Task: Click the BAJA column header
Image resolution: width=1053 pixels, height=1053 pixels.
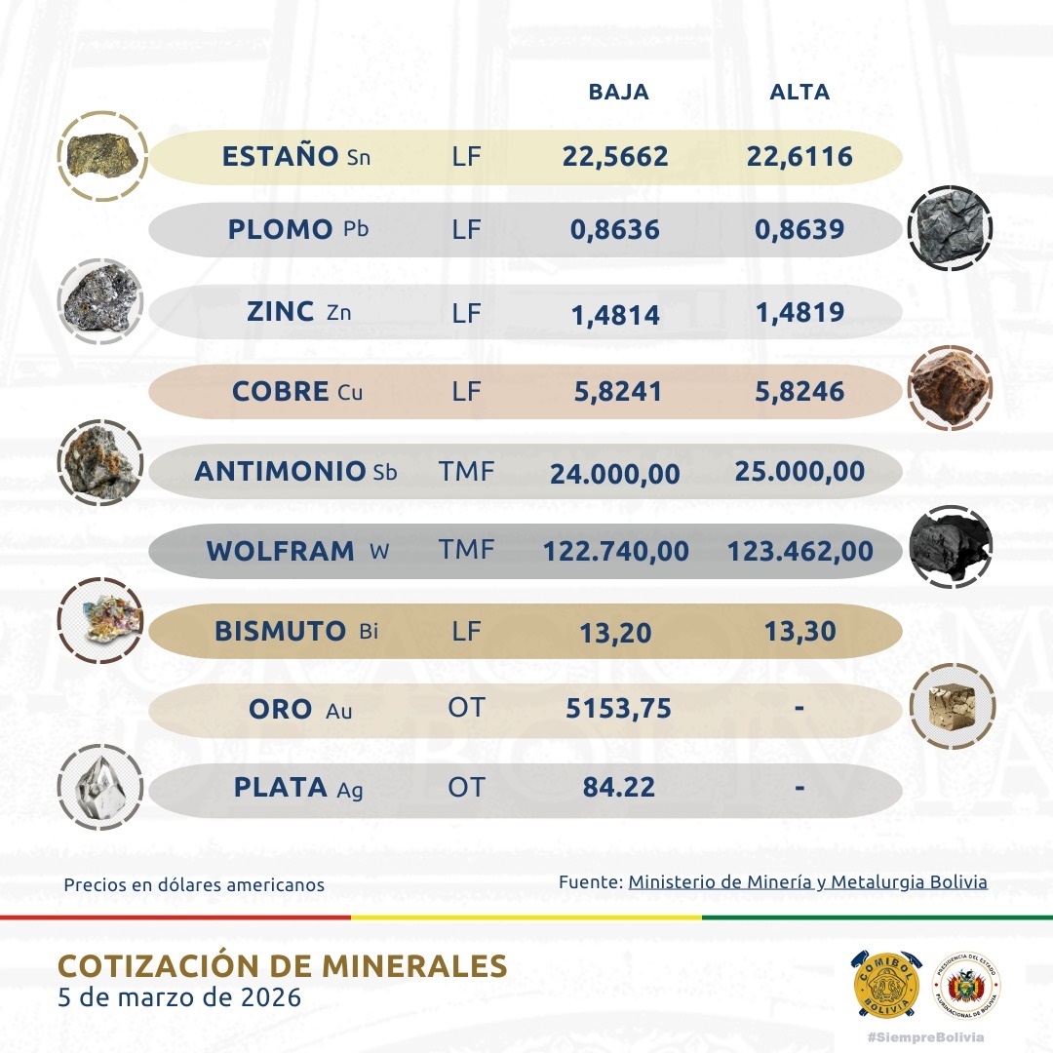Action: coord(618,93)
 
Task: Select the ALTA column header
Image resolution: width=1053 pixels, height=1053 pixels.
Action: coord(799,93)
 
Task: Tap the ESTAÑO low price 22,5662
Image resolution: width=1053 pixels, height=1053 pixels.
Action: coord(615,156)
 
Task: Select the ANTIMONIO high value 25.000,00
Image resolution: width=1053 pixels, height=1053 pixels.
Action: coord(800,472)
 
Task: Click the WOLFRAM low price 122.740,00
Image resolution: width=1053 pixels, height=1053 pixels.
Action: coord(615,551)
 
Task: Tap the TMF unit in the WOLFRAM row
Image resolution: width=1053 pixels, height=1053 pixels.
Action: coord(467,550)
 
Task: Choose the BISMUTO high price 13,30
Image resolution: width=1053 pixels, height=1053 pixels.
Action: coord(799,632)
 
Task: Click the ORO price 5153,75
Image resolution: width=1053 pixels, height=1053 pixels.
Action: coord(618,709)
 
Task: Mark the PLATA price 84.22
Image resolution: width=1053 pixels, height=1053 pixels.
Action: coord(617,787)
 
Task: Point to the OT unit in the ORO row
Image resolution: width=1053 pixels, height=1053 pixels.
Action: coord(466,708)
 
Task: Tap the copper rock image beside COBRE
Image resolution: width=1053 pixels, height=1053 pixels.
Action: coord(949,389)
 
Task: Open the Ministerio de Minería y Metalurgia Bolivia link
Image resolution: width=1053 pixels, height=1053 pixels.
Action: coord(807,882)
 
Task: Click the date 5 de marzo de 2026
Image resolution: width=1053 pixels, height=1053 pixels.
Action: coord(179,998)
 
